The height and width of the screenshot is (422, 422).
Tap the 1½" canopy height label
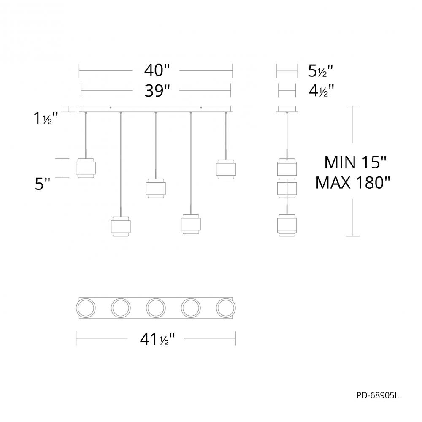(44, 119)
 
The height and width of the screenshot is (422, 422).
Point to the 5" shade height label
(43, 184)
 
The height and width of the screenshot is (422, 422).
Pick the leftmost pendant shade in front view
(86, 168)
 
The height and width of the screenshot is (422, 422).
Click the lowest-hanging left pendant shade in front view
(121, 227)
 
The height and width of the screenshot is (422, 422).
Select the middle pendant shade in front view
(156, 189)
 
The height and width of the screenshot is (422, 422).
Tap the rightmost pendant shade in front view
(226, 168)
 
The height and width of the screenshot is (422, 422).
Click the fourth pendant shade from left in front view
(191, 224)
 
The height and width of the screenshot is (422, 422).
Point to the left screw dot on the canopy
(111, 108)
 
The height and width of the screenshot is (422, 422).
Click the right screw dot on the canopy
(201, 108)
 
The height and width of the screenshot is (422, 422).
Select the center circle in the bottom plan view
(156, 307)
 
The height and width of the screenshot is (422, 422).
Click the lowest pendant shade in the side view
(287, 225)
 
